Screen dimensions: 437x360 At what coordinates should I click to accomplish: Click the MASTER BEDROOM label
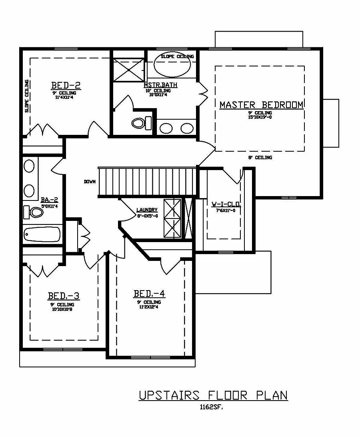261,105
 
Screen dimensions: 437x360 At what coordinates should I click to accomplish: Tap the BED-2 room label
66,85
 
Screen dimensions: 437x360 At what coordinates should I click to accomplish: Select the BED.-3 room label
64,296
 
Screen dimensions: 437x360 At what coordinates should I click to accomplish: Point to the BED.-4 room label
149,294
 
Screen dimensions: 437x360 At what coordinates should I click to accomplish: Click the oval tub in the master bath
172,68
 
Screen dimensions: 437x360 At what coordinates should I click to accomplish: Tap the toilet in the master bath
141,122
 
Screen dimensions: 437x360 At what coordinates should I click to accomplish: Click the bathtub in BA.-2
42,235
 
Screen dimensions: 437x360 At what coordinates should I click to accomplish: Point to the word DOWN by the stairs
90,182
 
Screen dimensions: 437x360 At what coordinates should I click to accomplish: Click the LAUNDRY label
147,210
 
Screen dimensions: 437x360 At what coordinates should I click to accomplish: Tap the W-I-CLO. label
226,204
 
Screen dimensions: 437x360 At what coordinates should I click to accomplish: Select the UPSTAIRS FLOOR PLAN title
213,395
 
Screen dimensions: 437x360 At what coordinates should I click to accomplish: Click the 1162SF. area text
211,408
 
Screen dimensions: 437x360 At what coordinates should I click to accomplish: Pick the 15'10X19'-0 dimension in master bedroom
260,117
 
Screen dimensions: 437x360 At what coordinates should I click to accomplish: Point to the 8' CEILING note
260,158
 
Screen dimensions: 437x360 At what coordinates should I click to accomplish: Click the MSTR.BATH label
160,85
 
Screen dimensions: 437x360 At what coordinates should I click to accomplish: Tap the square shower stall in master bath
128,70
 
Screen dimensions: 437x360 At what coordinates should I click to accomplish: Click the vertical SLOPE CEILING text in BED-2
27,96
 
